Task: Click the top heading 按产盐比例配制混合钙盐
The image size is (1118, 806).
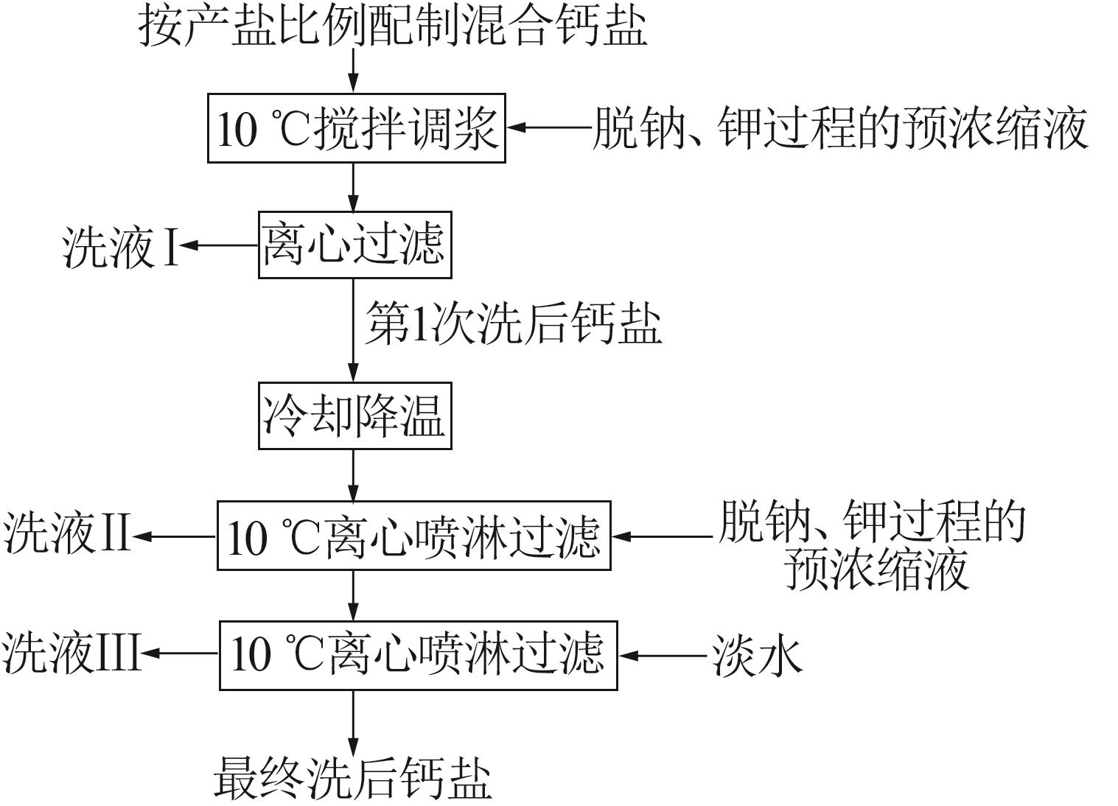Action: pos(393,27)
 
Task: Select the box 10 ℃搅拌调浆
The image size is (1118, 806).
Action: pos(356,128)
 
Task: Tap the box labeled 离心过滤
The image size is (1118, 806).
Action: pos(354,245)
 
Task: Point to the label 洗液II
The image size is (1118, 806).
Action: pos(66,534)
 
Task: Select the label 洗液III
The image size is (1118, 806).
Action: pos(71,653)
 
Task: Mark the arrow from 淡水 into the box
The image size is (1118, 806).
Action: pos(662,654)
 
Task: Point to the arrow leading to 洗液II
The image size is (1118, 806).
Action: pos(175,536)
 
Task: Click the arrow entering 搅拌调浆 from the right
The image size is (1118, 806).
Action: pos(549,127)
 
